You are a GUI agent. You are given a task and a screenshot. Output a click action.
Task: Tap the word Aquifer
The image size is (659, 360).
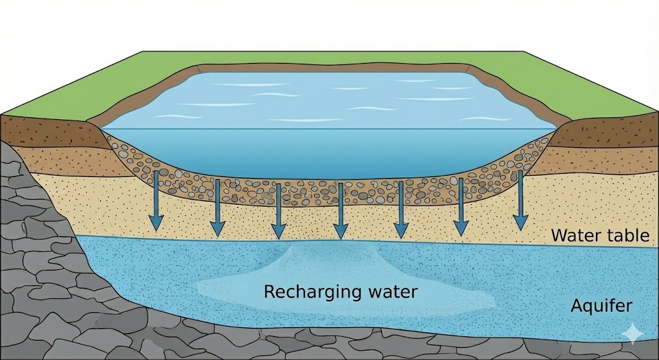coord(600,306)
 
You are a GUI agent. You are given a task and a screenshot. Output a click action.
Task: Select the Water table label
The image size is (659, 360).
coord(600,236)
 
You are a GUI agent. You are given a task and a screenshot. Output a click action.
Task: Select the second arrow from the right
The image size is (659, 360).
coord(460,206)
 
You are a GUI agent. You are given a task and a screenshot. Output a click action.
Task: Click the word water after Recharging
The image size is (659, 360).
coord(388,292)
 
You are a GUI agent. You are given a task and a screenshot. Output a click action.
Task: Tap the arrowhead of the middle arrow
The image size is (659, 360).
coord(340,231)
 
